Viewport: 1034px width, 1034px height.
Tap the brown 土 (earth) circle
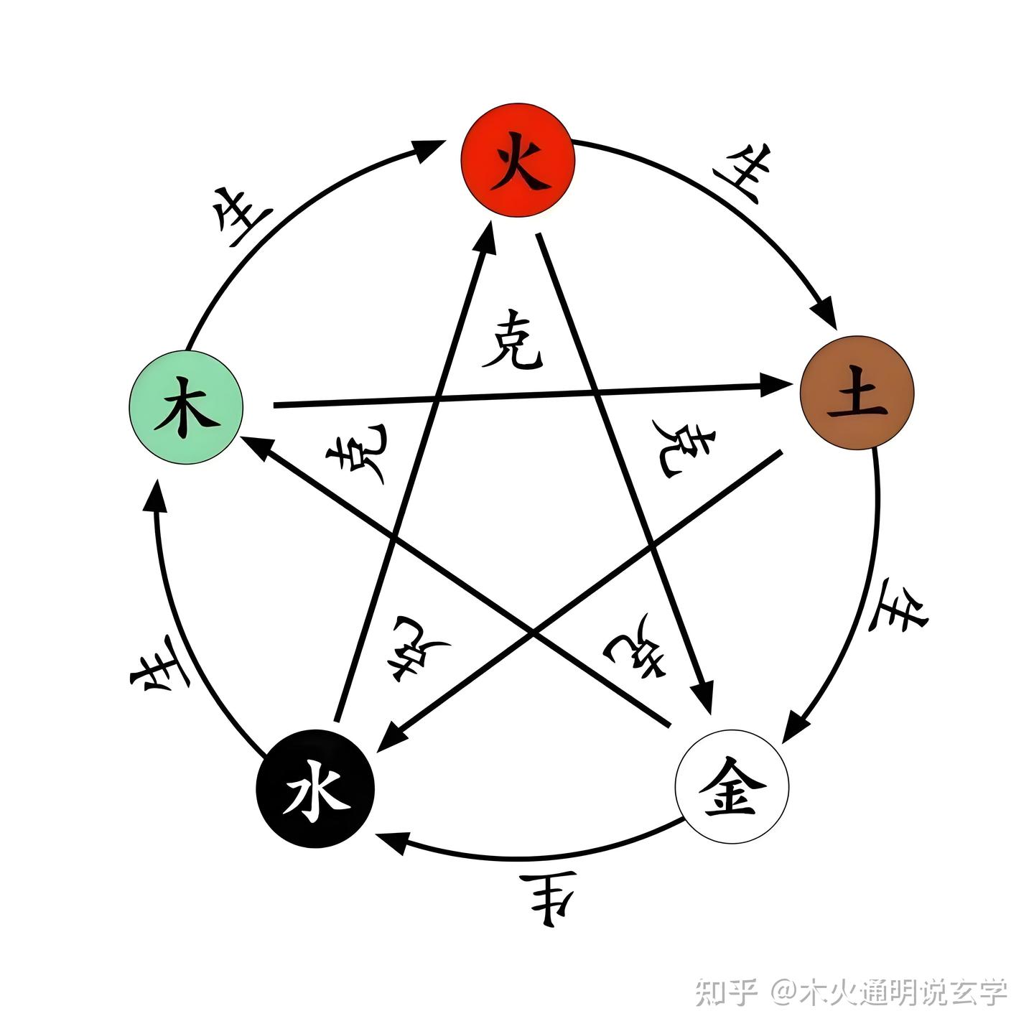[x=857, y=393]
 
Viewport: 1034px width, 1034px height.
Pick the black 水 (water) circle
[x=315, y=788]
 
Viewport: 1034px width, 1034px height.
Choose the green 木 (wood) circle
[x=186, y=407]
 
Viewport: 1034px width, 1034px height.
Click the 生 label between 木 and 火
[x=242, y=215]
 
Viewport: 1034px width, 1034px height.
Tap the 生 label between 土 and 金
[x=898, y=607]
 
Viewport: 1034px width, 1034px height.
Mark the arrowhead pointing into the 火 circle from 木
[x=431, y=149]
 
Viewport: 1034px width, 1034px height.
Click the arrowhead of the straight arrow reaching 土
[x=775, y=386]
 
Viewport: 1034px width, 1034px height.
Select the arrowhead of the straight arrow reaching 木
[x=257, y=447]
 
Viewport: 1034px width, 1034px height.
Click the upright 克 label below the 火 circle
[x=512, y=340]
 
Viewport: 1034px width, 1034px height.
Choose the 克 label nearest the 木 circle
[x=357, y=455]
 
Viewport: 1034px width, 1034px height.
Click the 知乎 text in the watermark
[x=726, y=993]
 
